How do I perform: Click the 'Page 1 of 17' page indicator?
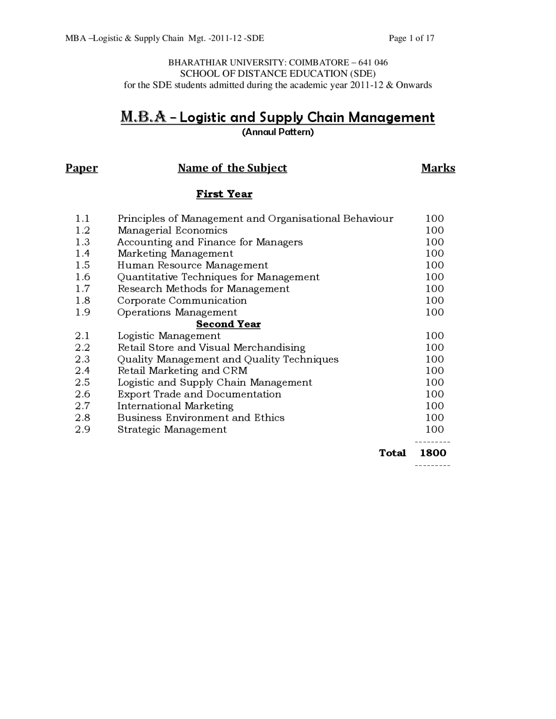pyautogui.click(x=411, y=38)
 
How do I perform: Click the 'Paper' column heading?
pyautogui.click(x=82, y=168)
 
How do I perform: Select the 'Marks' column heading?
pyautogui.click(x=438, y=168)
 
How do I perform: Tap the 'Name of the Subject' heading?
pyautogui.click(x=232, y=168)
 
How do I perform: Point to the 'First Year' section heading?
pyautogui.click(x=224, y=194)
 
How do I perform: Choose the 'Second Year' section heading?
pyautogui.click(x=228, y=324)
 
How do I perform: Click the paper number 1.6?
pyautogui.click(x=83, y=277)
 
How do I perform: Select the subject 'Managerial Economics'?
pyautogui.click(x=172, y=231)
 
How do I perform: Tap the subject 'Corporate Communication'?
pyautogui.click(x=182, y=300)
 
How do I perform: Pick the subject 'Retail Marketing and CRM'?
pyautogui.click(x=182, y=371)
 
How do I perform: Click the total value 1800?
pyautogui.click(x=433, y=453)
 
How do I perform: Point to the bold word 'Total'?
pyautogui.click(x=392, y=453)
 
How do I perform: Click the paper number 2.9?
pyautogui.click(x=83, y=429)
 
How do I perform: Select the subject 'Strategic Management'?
pyautogui.click(x=172, y=429)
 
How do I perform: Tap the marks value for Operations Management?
pyautogui.click(x=434, y=312)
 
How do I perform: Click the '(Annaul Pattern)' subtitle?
pyautogui.click(x=278, y=132)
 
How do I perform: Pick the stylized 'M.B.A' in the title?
pyautogui.click(x=143, y=117)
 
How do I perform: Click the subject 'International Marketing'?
pyautogui.click(x=175, y=406)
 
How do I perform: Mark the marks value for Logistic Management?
pyautogui.click(x=434, y=336)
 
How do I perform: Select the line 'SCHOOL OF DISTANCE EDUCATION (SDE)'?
pyautogui.click(x=278, y=73)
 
